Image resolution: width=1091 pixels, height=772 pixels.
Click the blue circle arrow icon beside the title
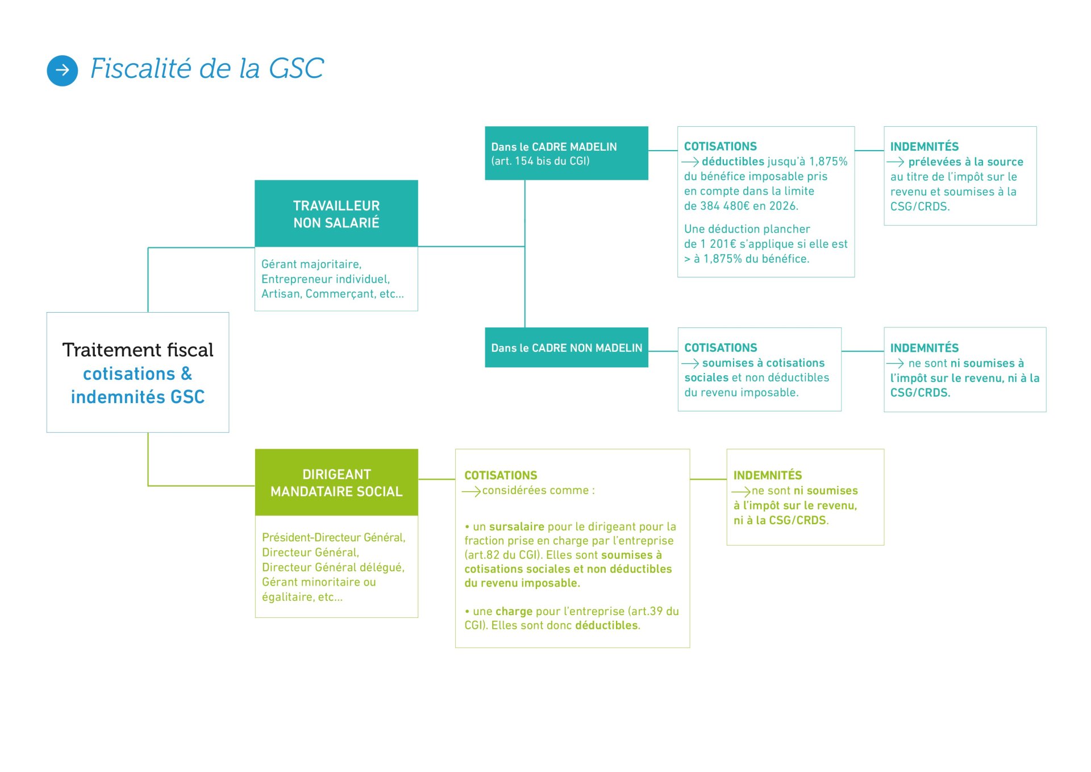[x=63, y=70]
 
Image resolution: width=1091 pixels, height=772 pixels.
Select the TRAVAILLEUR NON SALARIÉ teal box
[x=336, y=214]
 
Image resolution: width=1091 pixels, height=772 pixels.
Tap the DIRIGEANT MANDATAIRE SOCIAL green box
[x=336, y=483]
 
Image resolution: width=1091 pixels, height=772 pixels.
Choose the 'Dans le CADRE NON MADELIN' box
[x=566, y=348]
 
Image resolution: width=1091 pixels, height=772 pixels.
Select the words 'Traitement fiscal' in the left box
[x=138, y=350]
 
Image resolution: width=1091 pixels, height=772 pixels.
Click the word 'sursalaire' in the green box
[x=517, y=526]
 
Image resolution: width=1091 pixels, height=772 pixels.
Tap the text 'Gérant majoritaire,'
[x=311, y=264]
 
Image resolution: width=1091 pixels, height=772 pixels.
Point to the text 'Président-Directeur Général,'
[x=334, y=537]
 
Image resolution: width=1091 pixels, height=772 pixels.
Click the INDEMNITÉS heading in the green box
[x=767, y=475]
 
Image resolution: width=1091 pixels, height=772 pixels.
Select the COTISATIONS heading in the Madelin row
[x=720, y=147]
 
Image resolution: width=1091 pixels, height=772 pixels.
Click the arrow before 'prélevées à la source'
[x=896, y=162]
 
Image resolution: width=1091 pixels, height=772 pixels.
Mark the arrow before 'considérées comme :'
[x=471, y=491]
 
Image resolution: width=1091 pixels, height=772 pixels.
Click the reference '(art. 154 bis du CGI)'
[x=540, y=161]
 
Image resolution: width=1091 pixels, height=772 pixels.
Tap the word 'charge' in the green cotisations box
[x=514, y=611]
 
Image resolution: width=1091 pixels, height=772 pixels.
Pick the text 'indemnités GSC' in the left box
[x=138, y=397]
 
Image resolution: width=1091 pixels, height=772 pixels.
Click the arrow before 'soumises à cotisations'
[x=690, y=363]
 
